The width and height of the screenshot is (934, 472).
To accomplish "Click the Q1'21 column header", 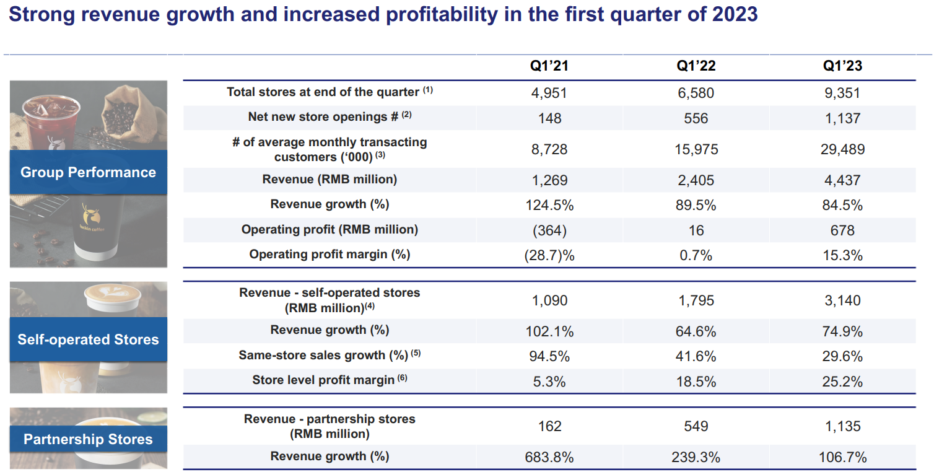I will pos(549,66).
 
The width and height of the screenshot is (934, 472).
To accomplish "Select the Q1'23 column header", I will pos(842,66).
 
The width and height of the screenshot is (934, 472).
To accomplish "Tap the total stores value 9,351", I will pos(842,93).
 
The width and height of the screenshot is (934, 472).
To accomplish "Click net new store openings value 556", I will pos(696,118).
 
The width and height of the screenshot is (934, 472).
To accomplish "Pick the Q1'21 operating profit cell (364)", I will pos(549,230).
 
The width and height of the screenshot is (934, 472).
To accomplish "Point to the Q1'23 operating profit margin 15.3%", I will pos(842,255).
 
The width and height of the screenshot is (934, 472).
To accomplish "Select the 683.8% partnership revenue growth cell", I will pos(549,458).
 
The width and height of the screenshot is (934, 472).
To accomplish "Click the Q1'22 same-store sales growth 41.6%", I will pos(696,356).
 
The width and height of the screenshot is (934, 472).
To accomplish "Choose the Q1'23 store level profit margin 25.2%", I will pos(842,381).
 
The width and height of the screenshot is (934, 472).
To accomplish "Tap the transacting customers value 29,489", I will pos(842,149).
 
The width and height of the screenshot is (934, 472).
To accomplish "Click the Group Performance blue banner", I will pos(88,172).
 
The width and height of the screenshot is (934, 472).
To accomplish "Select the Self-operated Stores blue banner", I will pos(88,339).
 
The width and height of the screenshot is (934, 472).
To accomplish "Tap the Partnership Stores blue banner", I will pos(88,439).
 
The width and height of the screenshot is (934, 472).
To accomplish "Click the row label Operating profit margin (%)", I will pos(330,254).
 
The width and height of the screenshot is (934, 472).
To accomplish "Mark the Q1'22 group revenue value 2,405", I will pos(696,180).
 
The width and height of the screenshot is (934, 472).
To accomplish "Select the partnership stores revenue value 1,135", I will pos(842,426).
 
